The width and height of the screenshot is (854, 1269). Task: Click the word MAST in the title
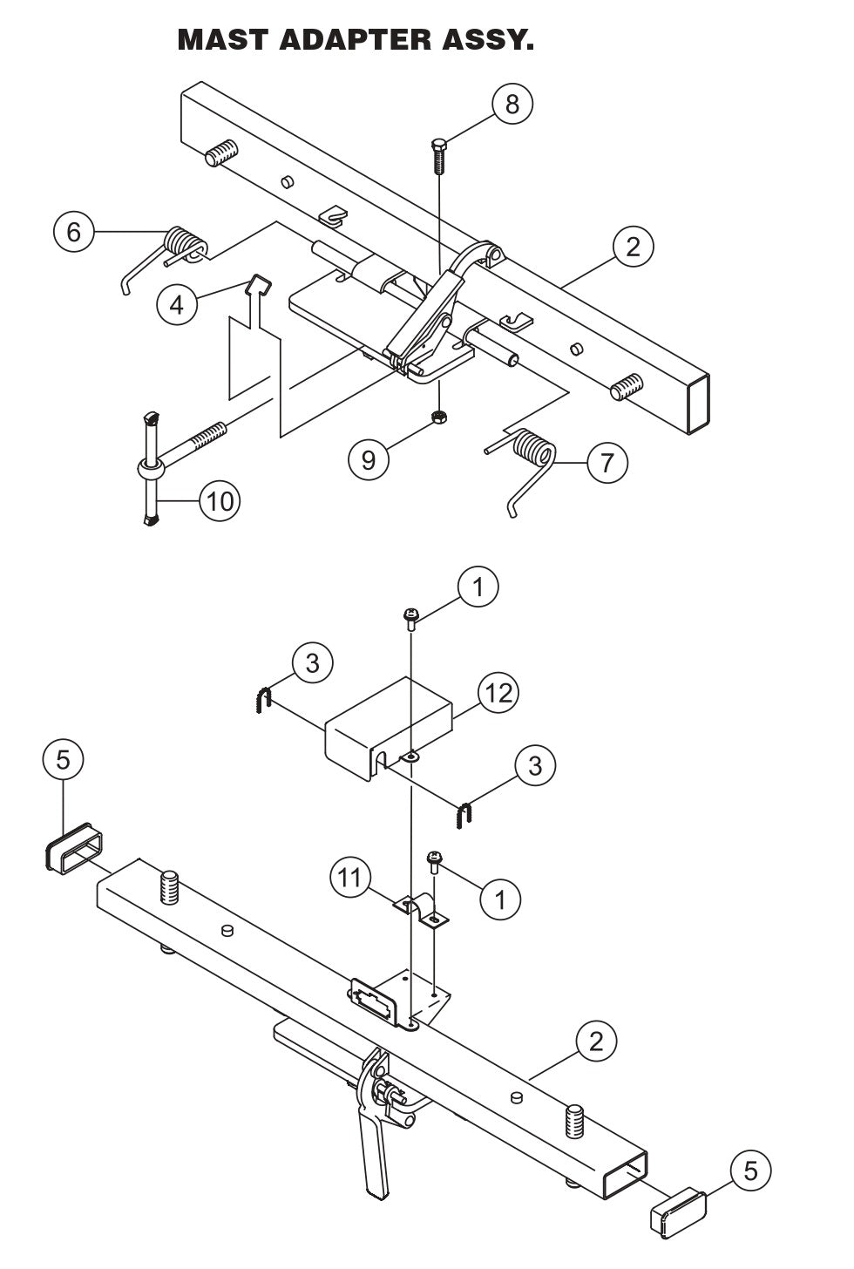(x=221, y=39)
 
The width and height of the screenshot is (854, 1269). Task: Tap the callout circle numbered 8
(x=512, y=104)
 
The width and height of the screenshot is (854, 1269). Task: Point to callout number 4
(x=177, y=306)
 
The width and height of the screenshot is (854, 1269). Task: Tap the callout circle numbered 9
(x=369, y=458)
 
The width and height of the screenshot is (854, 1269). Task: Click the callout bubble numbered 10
(x=220, y=502)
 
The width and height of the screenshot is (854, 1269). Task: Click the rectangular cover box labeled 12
(x=390, y=719)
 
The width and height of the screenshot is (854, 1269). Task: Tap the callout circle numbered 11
(x=350, y=877)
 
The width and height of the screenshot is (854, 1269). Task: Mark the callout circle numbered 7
(x=607, y=461)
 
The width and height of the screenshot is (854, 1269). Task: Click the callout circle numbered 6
(x=74, y=232)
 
